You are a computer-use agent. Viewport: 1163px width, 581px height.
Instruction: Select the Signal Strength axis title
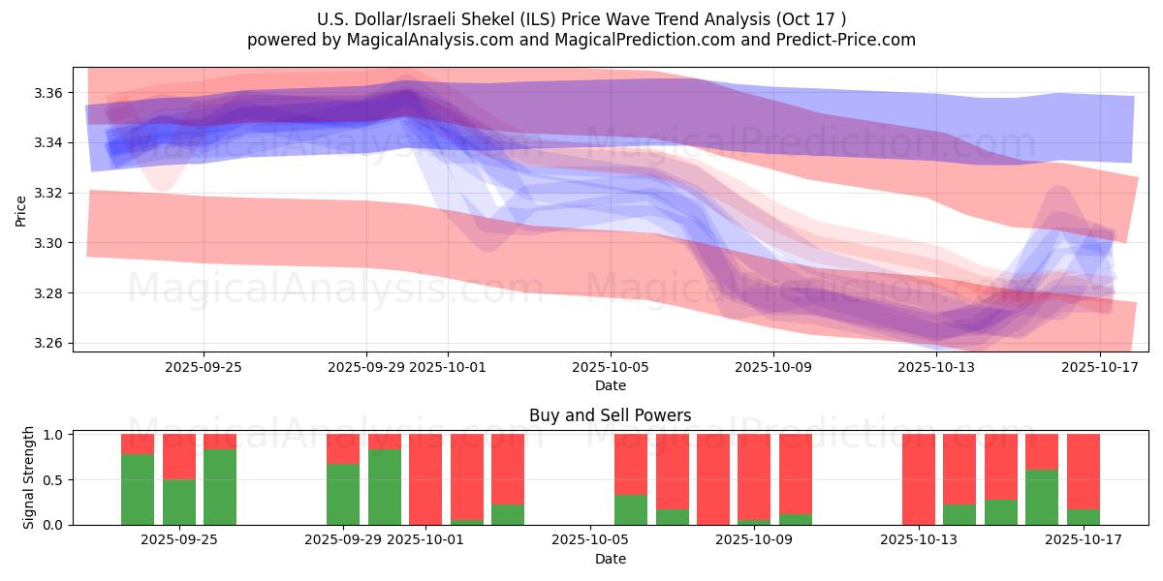pos(29,477)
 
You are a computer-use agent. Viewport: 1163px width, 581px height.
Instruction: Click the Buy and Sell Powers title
pos(610,415)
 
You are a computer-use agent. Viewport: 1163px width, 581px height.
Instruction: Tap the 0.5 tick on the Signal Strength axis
pos(54,480)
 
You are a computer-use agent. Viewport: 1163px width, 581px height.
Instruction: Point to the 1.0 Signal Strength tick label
pos(54,435)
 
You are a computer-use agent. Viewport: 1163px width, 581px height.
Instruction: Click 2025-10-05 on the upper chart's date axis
pos(611,367)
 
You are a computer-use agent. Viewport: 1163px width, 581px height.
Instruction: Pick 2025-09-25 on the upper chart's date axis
pos(204,367)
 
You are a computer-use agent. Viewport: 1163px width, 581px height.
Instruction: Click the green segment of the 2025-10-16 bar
pos(1042,497)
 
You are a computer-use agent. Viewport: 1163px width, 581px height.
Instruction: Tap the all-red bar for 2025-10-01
pos(425,479)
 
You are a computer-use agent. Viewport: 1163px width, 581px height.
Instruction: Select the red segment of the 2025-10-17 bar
pos(1084,472)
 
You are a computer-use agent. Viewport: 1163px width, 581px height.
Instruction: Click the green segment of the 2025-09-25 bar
pos(220,486)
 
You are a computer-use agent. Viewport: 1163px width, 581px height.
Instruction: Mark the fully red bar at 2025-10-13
pos(919,479)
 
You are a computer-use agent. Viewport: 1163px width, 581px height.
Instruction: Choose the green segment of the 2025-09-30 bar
pos(385,486)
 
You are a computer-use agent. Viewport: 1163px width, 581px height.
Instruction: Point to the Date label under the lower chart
pos(610,559)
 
